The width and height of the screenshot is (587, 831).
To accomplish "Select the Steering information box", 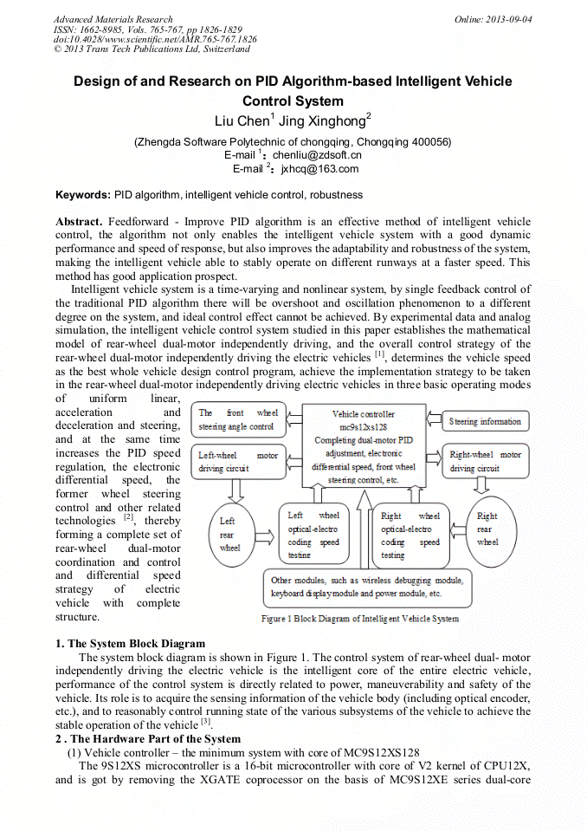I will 485,422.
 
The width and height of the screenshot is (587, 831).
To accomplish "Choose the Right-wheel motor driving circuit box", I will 486,461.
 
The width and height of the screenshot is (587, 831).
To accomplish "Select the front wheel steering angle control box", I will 238,420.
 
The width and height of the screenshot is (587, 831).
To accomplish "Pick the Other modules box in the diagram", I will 368,587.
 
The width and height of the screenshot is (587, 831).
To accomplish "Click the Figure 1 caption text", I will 360,619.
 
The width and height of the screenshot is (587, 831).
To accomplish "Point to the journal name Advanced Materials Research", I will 113,19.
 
